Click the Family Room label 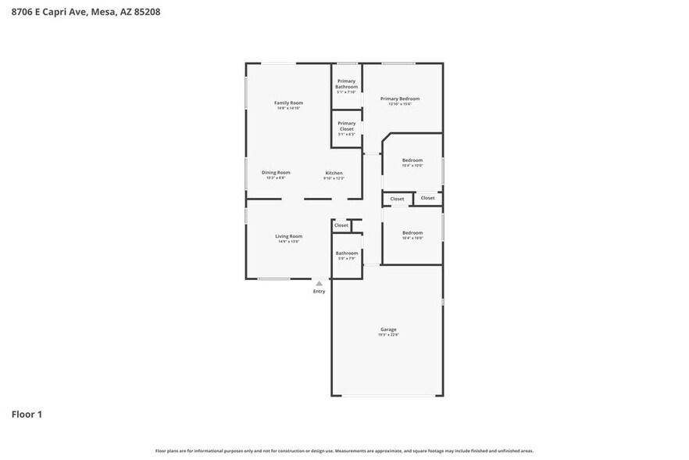pos(288,102)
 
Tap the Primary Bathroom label pos(346,84)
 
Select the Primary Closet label pos(346,126)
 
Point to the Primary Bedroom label pos(400,99)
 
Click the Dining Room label pos(276,172)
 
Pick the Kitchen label pos(334,173)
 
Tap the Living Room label pos(288,236)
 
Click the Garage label pos(388,329)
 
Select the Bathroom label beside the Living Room pos(347,253)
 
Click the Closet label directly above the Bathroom pos(341,225)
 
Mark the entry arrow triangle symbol pos(319,283)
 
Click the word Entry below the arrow pos(319,291)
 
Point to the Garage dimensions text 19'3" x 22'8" pos(388,335)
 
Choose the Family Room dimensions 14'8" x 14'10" pos(288,108)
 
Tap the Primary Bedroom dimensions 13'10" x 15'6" pos(400,104)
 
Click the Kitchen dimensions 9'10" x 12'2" pos(334,178)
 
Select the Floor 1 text pos(27,414)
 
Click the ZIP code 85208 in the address pos(148,12)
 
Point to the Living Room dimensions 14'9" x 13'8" pos(288,242)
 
